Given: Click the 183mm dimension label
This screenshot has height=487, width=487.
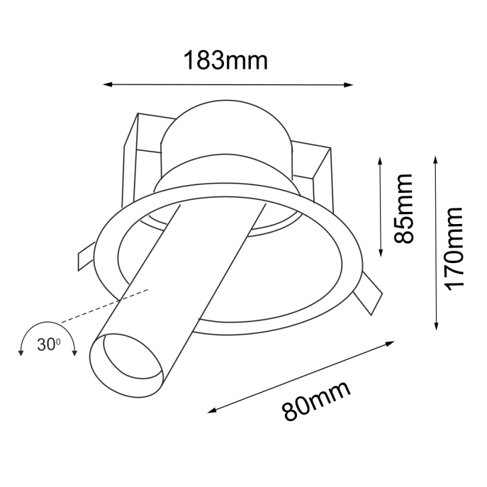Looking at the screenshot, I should (x=226, y=60).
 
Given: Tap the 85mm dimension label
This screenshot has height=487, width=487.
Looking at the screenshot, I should (x=403, y=208).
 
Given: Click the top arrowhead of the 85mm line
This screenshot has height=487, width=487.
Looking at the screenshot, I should (x=380, y=160).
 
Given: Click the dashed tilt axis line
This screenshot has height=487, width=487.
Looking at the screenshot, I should (x=103, y=306).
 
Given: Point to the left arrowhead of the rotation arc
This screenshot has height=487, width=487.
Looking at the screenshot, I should (x=21, y=352).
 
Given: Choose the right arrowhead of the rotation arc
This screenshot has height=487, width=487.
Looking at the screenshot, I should (x=75, y=352).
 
